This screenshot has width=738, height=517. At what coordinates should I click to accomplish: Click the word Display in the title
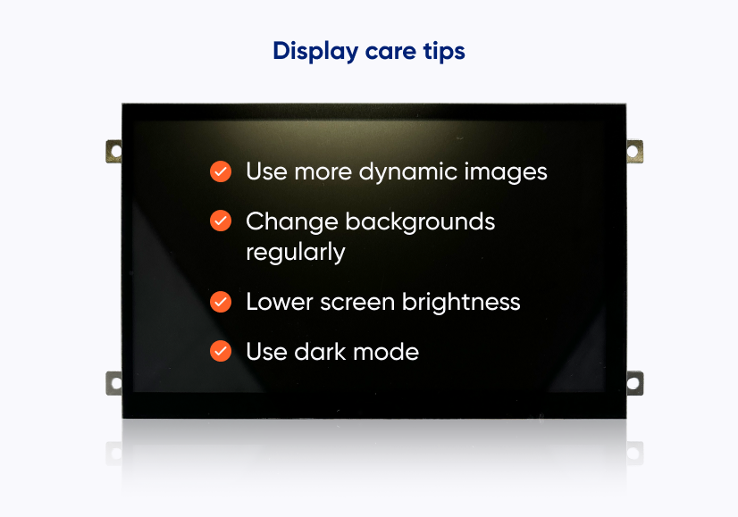315,51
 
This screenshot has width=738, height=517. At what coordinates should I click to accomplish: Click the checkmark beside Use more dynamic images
221,171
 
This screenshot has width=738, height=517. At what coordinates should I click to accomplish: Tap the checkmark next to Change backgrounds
221,221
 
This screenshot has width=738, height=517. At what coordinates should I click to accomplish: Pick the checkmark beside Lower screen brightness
221,302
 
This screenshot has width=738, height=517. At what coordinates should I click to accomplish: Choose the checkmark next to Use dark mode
221,351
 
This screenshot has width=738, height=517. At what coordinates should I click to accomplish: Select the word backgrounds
420,221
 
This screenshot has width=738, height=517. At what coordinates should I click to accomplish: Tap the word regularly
296,253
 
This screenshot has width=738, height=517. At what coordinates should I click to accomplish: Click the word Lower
280,302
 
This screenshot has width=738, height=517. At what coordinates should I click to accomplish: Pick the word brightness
461,302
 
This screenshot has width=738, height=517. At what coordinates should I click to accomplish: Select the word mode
386,352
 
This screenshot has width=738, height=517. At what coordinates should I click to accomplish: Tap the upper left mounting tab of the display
113,152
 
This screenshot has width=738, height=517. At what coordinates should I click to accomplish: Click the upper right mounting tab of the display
634,152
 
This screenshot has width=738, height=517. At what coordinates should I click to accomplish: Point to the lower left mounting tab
113,383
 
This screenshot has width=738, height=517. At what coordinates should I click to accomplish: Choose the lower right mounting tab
634,383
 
